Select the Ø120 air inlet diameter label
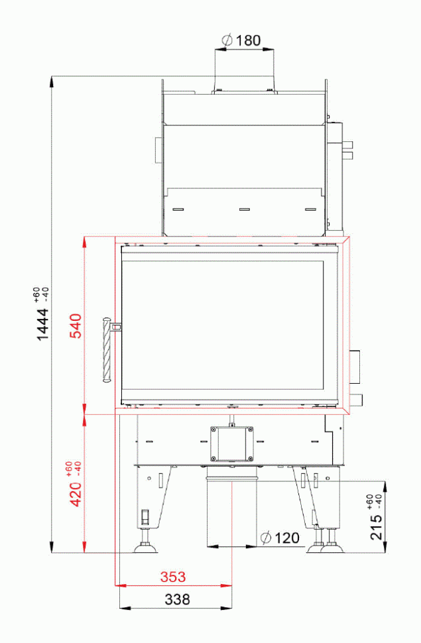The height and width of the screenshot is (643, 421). pyautogui.click(x=280, y=537)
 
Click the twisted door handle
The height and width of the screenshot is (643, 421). pyautogui.click(x=105, y=351)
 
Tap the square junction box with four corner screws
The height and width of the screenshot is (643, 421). pyautogui.click(x=231, y=443)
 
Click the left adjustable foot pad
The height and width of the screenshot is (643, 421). pyautogui.click(x=145, y=548)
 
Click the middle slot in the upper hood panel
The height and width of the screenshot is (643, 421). pyautogui.click(x=243, y=209)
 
